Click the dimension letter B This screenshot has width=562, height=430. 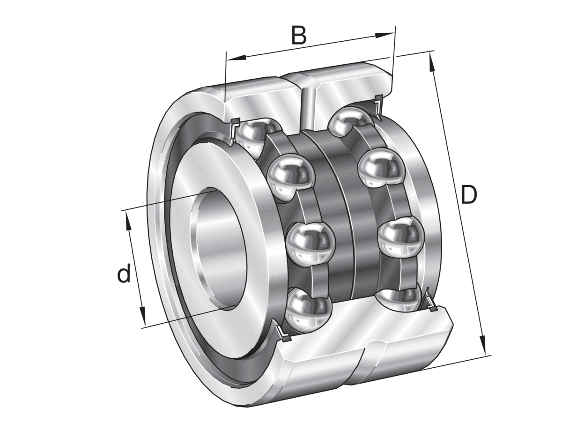coord(299,35)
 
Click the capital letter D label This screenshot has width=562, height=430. coord(468,195)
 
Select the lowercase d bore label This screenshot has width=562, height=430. coord(124,274)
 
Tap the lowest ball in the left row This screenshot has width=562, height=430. coord(307,310)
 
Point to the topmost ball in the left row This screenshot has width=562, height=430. coord(255,136)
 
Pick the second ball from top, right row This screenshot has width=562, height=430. coord(380,169)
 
